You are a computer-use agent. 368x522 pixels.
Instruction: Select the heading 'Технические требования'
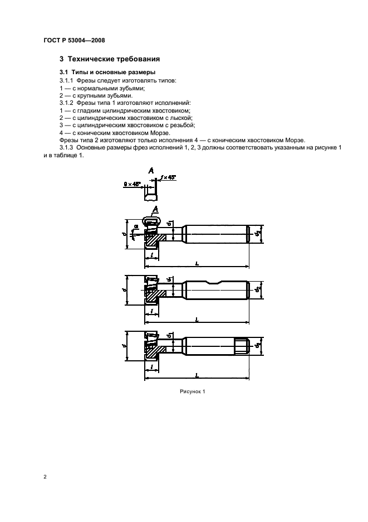coord(114,59)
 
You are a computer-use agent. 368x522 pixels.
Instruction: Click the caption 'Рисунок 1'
coord(193,391)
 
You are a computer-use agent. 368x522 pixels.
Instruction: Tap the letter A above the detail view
coord(151,171)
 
